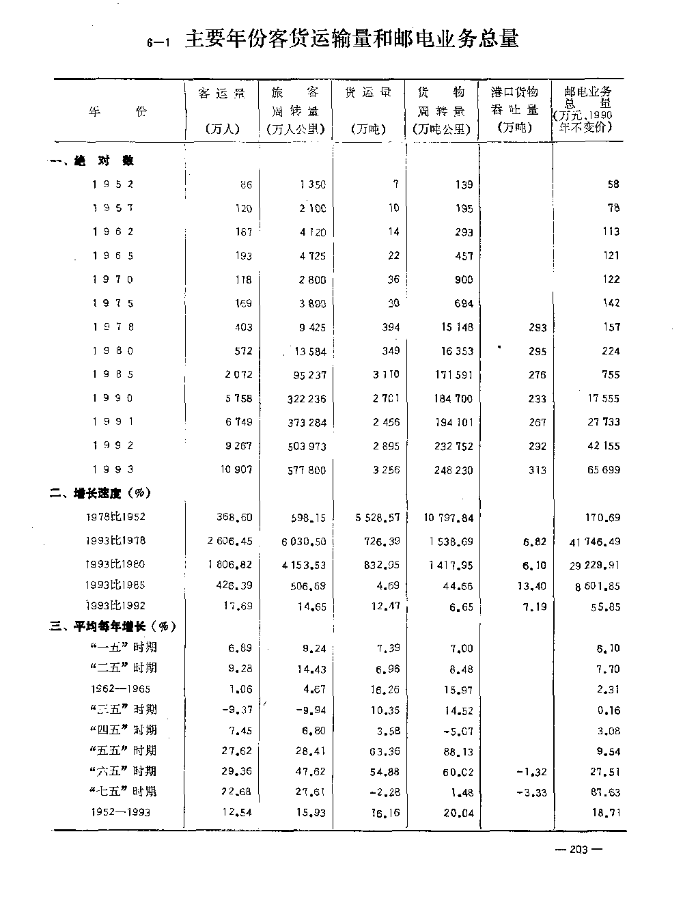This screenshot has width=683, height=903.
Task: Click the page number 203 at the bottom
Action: click(579, 850)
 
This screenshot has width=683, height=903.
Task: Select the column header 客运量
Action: click(221, 93)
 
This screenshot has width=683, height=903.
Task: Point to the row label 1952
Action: click(113, 184)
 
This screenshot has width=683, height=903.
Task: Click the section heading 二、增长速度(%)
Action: click(100, 493)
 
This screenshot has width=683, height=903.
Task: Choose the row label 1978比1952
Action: click(115, 518)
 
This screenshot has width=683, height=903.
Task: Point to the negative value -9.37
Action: click(237, 710)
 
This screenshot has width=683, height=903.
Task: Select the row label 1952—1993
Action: click(120, 812)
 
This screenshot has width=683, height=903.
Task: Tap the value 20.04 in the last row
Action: click(458, 813)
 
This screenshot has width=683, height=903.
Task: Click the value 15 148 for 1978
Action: click(456, 327)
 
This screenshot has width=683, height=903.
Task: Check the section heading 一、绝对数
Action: click(93, 161)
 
